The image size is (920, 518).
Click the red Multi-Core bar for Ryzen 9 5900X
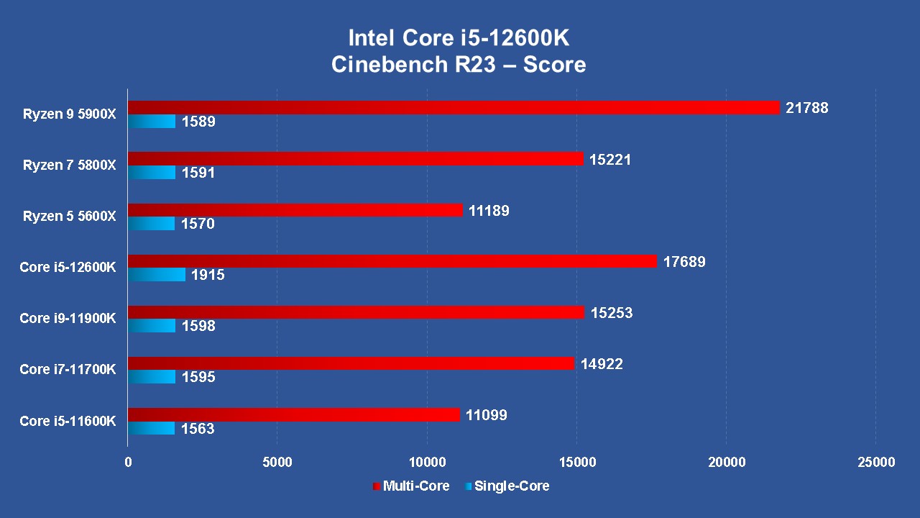454,107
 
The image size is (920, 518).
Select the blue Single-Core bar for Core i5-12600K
157,275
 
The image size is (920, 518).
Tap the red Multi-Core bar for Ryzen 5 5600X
295,209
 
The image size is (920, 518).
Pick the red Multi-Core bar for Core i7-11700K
351,363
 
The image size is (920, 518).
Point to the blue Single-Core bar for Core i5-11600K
152,429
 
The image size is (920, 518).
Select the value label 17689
684,262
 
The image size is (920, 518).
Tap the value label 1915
208,276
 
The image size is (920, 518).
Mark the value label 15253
612,313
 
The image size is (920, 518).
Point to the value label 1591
198,173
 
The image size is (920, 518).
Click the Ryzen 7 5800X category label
69,165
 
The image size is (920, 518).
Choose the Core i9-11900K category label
68,319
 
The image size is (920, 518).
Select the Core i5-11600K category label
68,421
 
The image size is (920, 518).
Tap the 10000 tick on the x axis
427,462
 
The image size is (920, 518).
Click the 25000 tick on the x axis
875,462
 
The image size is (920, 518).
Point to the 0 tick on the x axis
128,462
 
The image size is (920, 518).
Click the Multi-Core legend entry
411,486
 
